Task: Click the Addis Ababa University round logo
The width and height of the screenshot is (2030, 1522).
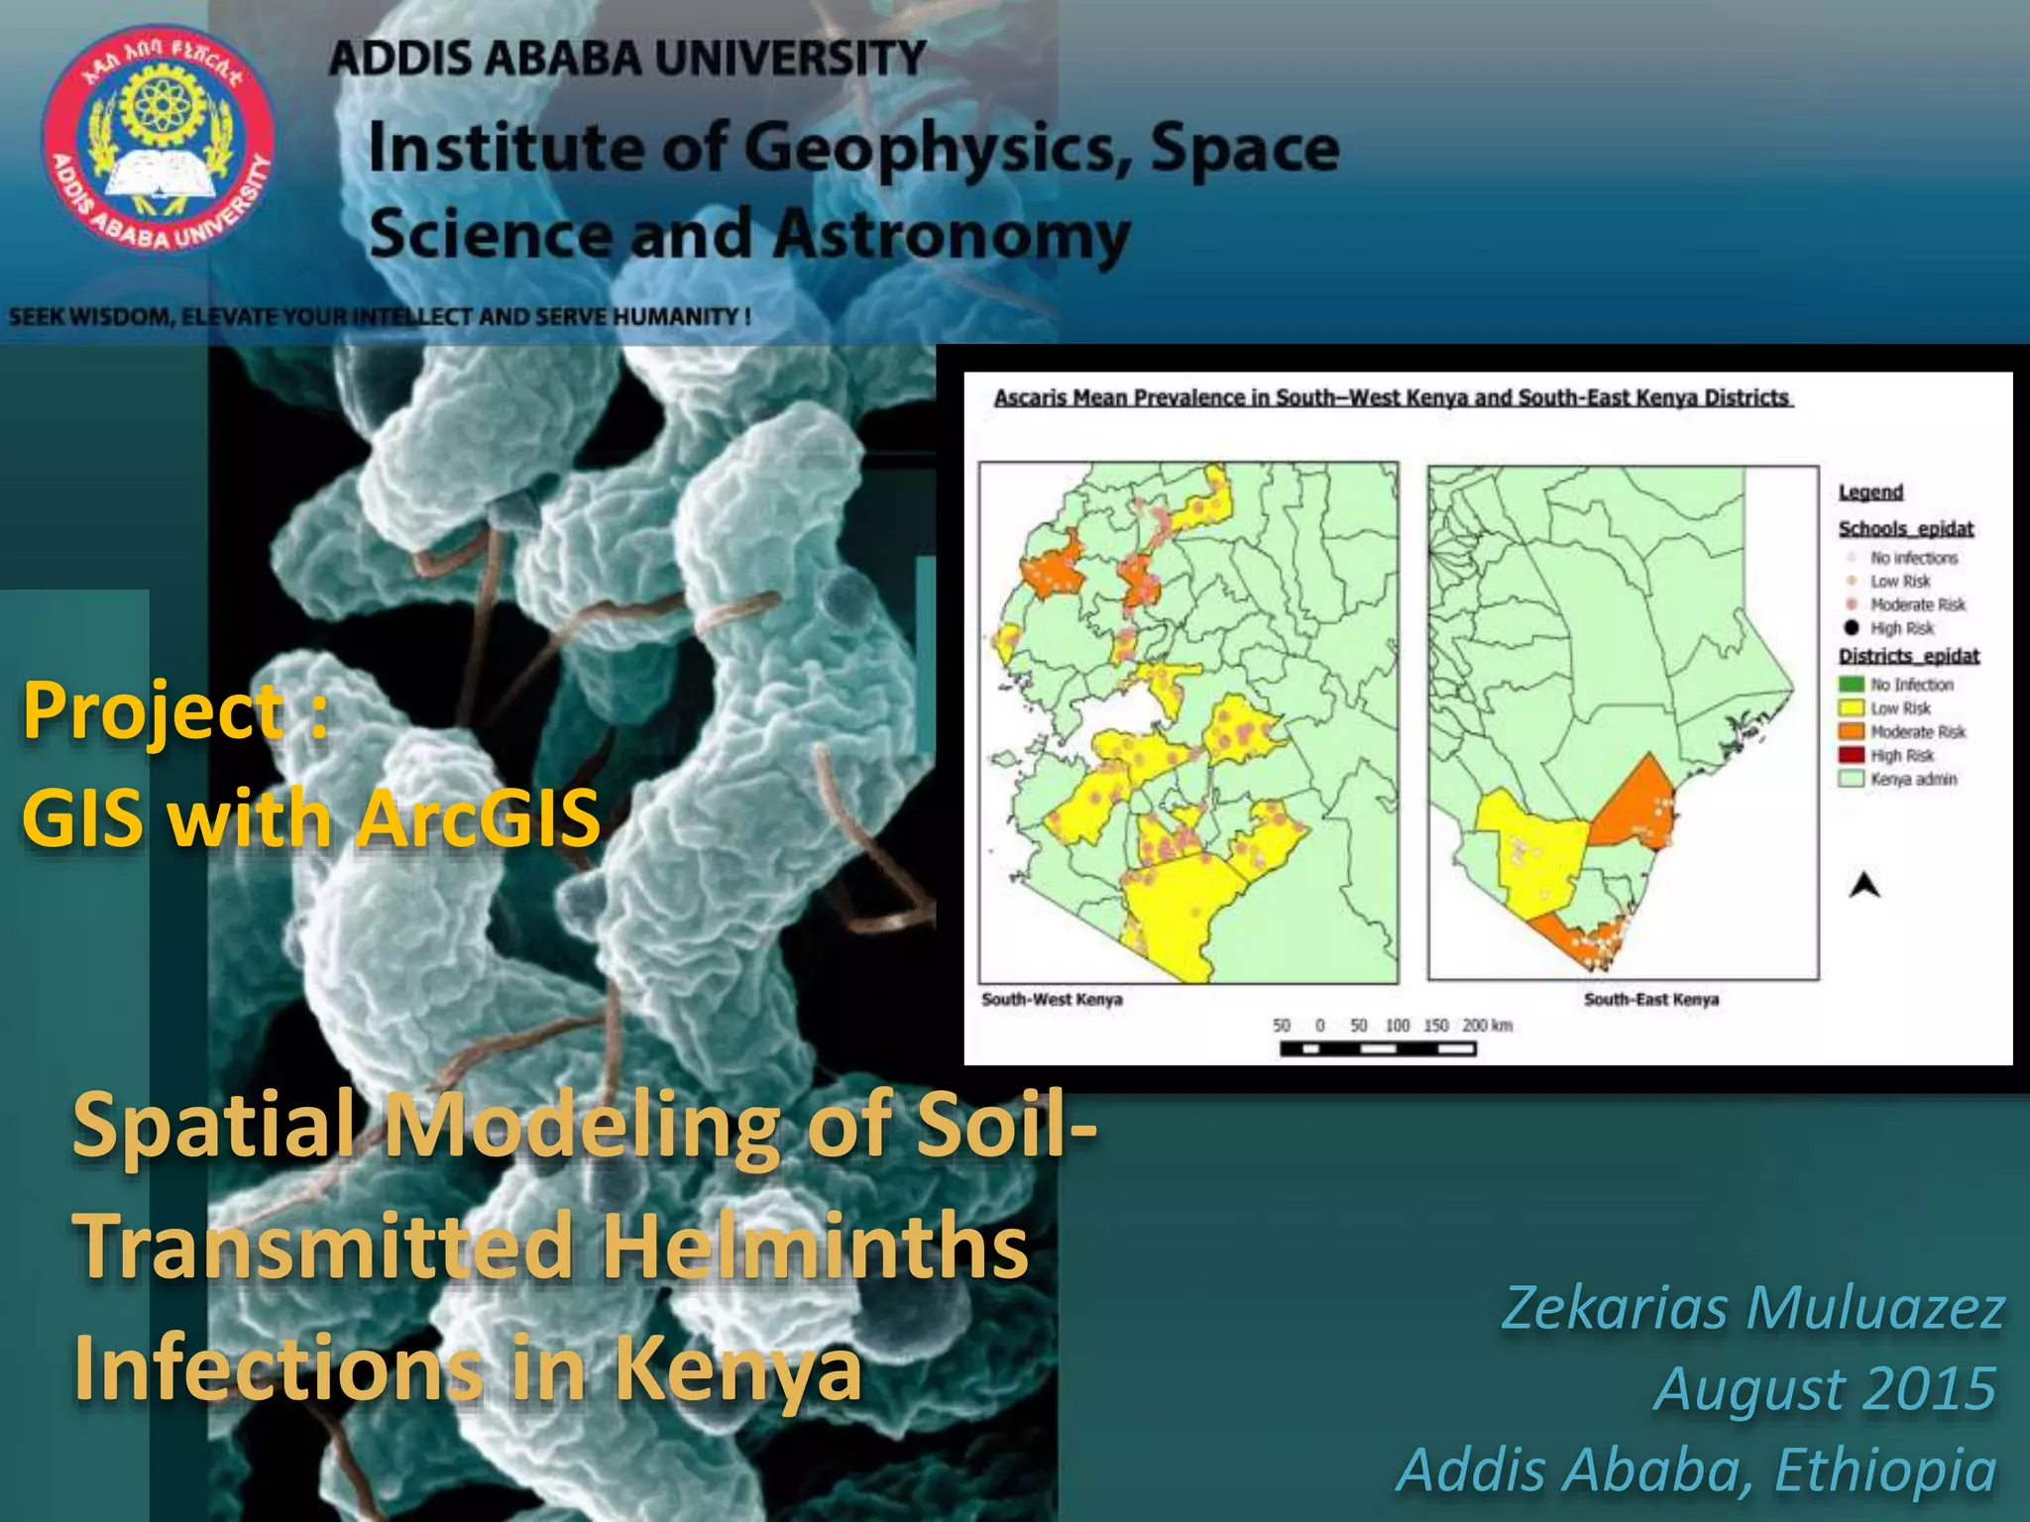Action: [157, 139]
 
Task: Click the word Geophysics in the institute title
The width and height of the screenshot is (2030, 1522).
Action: [937, 149]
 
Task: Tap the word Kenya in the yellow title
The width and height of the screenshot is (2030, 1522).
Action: [737, 1369]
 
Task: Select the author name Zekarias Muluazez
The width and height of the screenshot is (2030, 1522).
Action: [1752, 1308]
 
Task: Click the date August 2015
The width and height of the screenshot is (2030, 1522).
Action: [1824, 1388]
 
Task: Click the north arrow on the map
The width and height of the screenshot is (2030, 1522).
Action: [1864, 884]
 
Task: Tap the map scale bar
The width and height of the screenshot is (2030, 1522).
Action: [1378, 1048]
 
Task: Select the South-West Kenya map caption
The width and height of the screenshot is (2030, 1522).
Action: [1052, 1000]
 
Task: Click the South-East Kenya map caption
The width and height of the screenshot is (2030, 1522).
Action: [1650, 1000]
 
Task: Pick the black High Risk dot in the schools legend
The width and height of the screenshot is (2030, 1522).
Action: [1851, 628]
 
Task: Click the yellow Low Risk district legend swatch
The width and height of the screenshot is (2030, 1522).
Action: [1851, 708]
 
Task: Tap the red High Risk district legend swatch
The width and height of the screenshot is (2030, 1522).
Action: [1851, 756]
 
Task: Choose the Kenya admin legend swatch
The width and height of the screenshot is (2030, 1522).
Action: [1851, 780]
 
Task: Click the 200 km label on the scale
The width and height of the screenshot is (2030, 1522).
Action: [1487, 1026]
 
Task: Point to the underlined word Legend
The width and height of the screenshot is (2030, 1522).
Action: [1870, 492]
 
